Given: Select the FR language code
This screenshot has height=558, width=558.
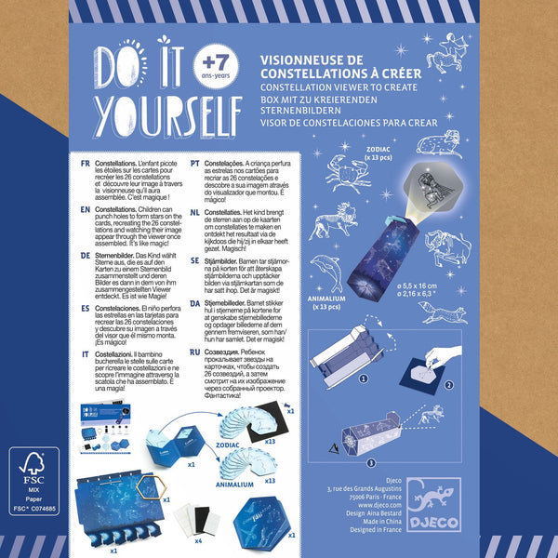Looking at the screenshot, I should pos(86,163).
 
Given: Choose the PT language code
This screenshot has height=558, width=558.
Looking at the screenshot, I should pos(196,163).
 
